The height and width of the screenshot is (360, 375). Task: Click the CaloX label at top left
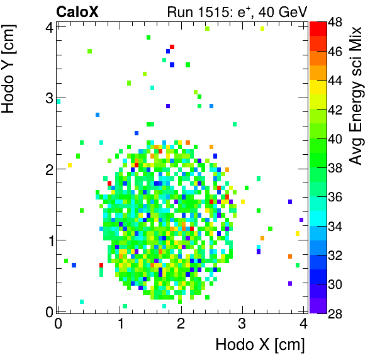point(76,11)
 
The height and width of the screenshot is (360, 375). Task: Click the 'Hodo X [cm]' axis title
point(260,345)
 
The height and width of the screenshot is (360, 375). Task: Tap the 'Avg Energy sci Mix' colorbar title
point(357,94)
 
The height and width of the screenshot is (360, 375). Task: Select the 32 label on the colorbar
point(335,256)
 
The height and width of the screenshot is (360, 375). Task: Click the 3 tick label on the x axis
point(242,323)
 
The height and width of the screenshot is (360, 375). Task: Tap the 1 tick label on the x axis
point(120,323)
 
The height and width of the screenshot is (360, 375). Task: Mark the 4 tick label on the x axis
point(303,323)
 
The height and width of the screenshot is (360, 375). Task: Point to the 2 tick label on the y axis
point(49,169)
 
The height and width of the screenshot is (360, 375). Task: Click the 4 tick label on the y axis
point(49,26)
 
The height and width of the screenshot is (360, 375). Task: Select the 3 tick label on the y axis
point(49,98)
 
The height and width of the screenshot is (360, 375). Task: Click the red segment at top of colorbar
point(318,27)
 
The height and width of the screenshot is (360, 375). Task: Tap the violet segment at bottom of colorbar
point(318,306)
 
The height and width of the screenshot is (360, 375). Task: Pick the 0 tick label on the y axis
point(49,310)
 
